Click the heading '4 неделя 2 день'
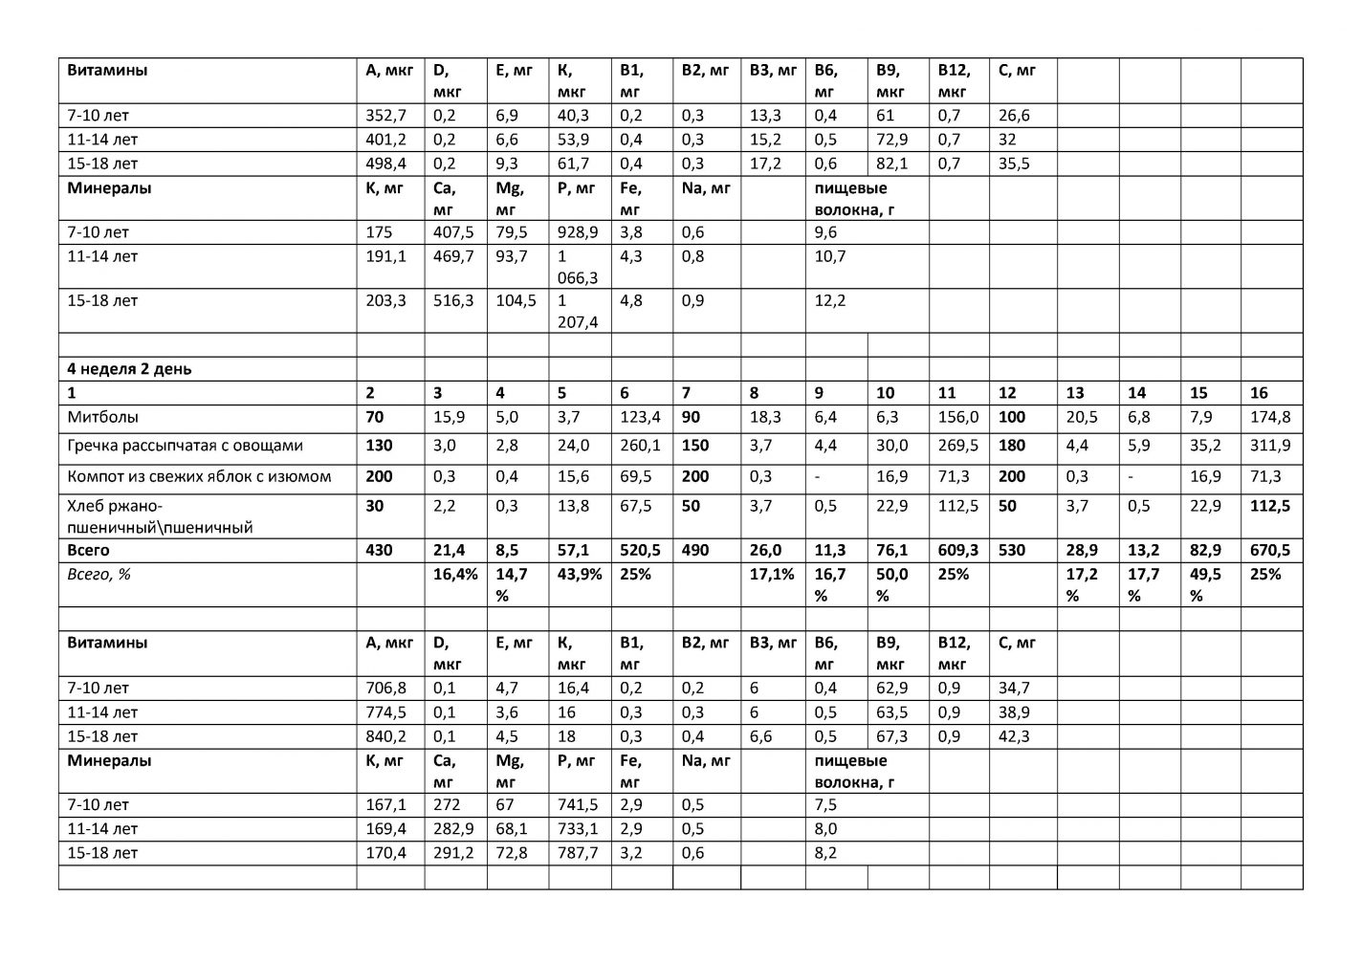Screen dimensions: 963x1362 click(128, 369)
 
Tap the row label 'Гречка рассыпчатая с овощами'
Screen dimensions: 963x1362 click(185, 446)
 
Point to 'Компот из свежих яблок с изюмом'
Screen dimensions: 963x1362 click(199, 476)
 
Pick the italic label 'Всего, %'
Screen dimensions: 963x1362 click(99, 575)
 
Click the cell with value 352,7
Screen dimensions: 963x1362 click(386, 116)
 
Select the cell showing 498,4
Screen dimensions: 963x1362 click(386, 164)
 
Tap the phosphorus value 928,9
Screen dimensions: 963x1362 click(579, 232)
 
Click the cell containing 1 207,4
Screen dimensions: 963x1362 click(577, 312)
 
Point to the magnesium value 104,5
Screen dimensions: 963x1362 click(516, 301)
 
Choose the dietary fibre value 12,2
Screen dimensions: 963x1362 click(830, 301)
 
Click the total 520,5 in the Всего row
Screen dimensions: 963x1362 click(640, 551)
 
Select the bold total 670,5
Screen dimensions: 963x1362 click(1269, 551)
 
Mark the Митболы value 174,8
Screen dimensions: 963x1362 click(1269, 417)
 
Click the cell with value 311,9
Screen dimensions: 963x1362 click(1269, 446)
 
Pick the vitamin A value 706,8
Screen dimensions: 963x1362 click(386, 689)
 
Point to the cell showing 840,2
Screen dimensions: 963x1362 click(386, 737)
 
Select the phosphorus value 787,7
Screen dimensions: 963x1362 click(579, 853)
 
